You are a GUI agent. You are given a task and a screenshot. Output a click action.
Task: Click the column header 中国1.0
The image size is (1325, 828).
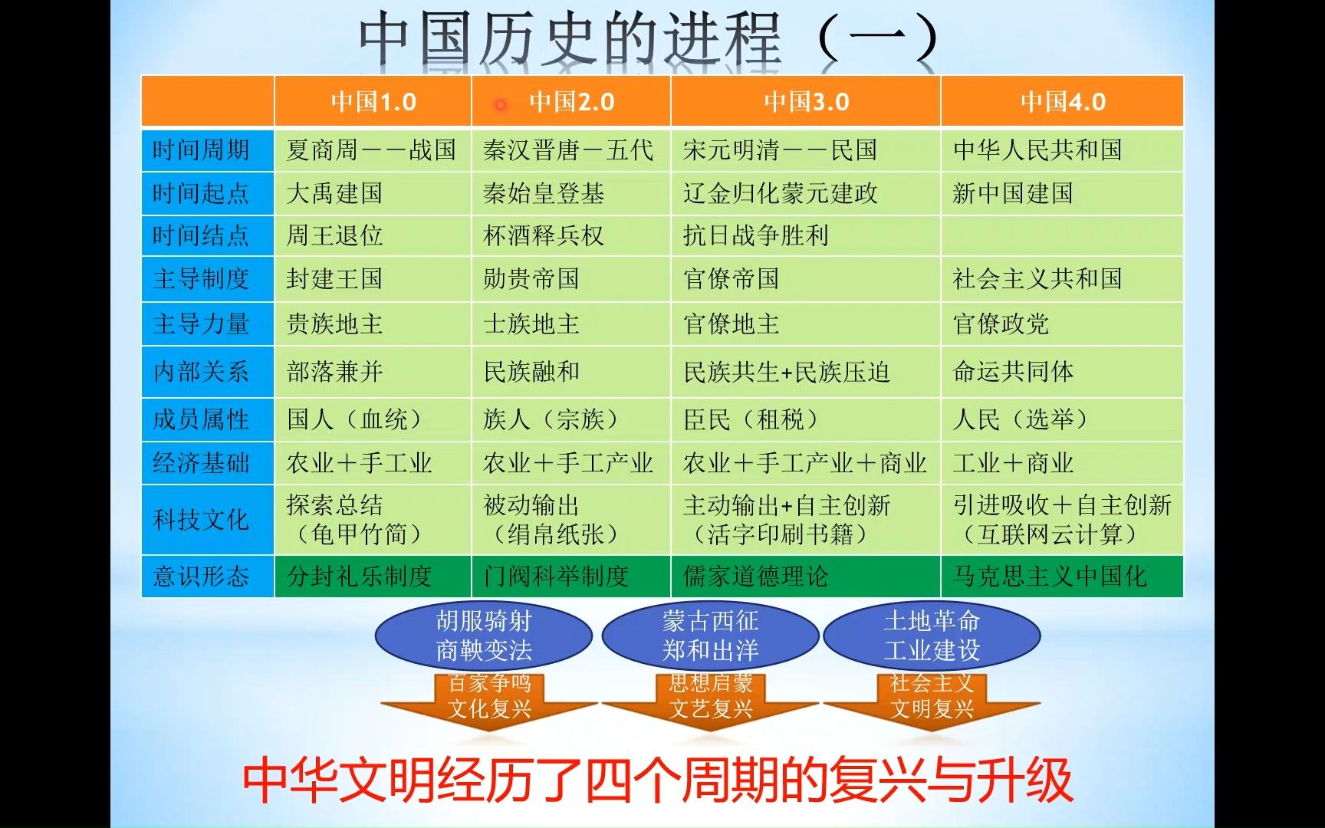[x=373, y=101]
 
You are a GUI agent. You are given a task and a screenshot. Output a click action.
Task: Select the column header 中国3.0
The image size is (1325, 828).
[x=807, y=101]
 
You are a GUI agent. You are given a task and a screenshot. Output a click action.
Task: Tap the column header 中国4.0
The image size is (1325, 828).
[x=1063, y=101]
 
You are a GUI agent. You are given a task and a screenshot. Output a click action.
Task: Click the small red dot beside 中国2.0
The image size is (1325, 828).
[x=501, y=104]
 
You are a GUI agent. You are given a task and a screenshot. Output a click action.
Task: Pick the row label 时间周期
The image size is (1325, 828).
[x=201, y=149]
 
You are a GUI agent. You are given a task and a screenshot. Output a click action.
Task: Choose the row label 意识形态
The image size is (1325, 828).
[x=201, y=576]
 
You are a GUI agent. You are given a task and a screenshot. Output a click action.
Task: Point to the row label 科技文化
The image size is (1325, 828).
[x=201, y=520]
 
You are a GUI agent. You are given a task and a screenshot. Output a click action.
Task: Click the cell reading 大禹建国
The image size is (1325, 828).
[x=334, y=193]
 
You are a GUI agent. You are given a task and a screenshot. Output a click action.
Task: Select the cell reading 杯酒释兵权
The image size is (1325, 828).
[x=544, y=235]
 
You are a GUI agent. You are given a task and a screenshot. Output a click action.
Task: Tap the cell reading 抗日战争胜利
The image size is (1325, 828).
[x=756, y=235]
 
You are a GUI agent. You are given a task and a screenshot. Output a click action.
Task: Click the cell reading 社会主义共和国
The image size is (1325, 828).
[x=1037, y=278]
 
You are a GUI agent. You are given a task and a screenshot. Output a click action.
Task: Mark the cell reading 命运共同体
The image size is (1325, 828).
[x=1013, y=372]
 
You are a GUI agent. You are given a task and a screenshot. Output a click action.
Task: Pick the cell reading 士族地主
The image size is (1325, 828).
[x=531, y=324]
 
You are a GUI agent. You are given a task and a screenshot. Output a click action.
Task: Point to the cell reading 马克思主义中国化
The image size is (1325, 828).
[x=1050, y=576]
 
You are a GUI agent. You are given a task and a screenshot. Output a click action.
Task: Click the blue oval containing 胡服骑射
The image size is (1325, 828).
[x=484, y=636]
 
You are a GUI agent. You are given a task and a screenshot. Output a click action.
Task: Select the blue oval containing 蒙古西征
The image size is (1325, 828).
[x=711, y=636]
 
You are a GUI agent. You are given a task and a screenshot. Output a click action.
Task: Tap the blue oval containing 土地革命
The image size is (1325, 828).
[x=932, y=636]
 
